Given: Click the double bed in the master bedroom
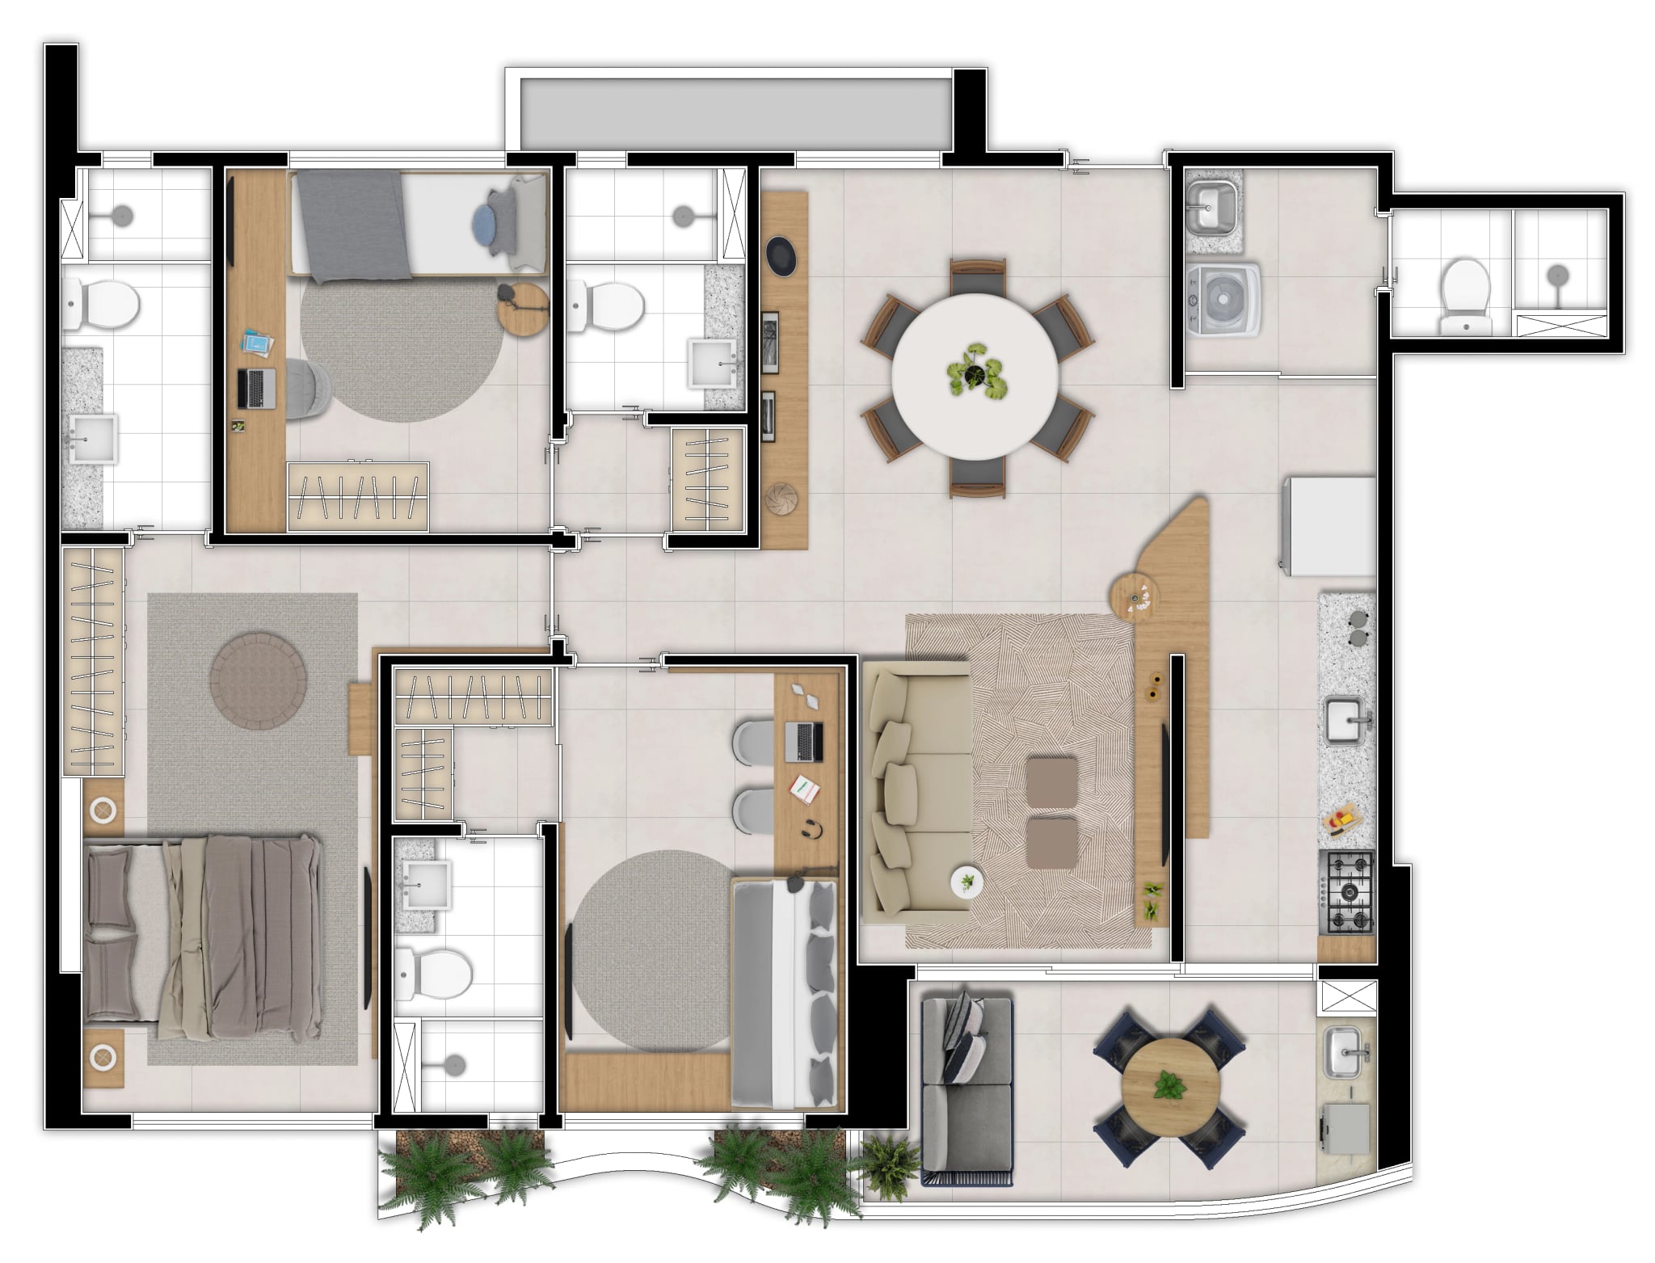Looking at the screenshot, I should click(x=202, y=936).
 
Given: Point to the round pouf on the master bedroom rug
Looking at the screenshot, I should click(x=258, y=680).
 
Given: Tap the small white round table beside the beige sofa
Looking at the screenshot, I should click(x=966, y=880).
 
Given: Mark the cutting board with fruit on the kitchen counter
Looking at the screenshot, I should click(x=1342, y=826).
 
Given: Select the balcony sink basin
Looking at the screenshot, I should click(x=1345, y=1051).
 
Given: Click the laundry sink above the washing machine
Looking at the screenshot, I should click(x=1211, y=208).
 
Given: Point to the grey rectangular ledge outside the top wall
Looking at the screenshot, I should click(x=735, y=112).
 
